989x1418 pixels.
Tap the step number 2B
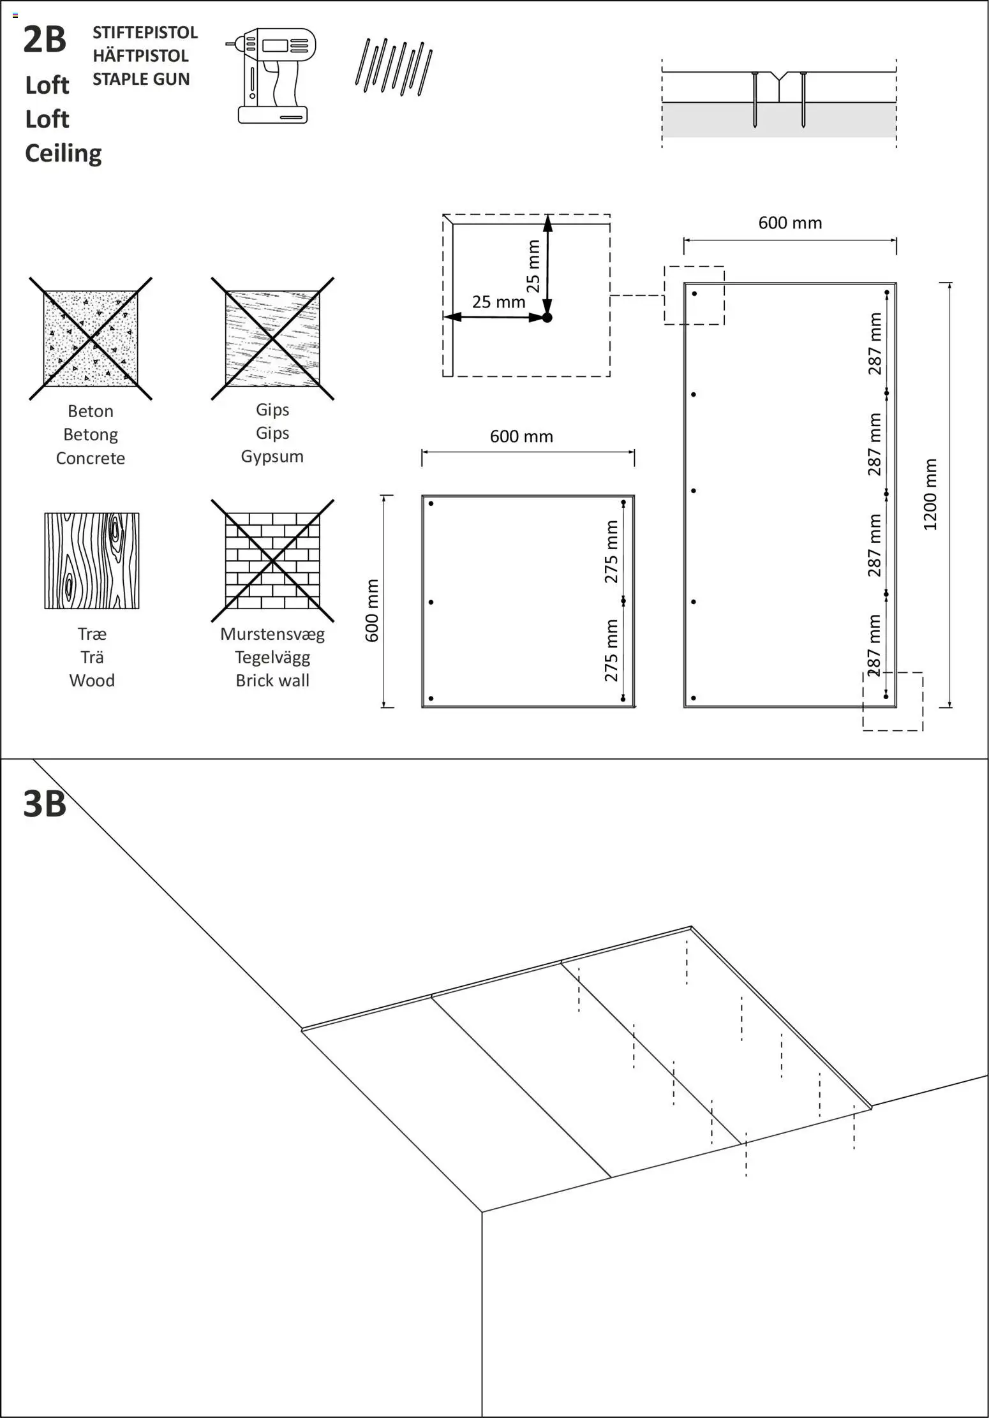tap(45, 40)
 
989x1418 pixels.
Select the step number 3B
tap(45, 804)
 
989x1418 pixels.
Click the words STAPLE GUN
tap(141, 79)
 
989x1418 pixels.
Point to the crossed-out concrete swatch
tap(91, 339)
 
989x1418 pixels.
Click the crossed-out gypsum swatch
tap(272, 339)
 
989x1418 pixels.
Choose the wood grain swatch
tap(92, 561)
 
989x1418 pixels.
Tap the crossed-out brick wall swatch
tap(272, 561)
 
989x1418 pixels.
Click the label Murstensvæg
tap(272, 634)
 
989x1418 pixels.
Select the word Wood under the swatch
tap(92, 681)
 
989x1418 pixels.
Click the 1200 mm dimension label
tap(930, 494)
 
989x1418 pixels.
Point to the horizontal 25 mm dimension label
tap(498, 302)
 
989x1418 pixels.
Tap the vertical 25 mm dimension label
tap(533, 266)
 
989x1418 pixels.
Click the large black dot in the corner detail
tap(547, 317)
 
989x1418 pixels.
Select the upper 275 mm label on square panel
tap(611, 551)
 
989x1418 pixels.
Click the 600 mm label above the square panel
tap(521, 436)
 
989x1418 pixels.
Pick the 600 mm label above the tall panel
tap(790, 223)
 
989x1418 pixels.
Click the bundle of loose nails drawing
tap(394, 67)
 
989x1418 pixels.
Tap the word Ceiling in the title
tap(63, 153)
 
